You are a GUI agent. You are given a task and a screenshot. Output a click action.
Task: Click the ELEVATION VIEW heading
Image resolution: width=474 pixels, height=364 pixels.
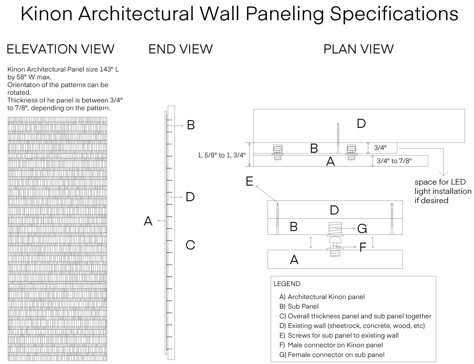click(60, 49)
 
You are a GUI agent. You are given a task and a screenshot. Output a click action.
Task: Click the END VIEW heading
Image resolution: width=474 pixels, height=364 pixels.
click(180, 49)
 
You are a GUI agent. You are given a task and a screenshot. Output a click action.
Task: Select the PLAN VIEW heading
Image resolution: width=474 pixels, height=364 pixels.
click(358, 49)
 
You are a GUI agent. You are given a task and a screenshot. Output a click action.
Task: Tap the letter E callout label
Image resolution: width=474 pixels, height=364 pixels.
click(249, 182)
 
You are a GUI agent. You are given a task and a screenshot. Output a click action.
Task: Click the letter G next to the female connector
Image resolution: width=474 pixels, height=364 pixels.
click(362, 229)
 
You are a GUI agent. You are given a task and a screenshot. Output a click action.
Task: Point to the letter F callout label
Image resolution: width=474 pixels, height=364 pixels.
click(363, 247)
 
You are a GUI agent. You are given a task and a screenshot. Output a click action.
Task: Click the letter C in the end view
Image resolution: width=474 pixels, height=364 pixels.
click(190, 245)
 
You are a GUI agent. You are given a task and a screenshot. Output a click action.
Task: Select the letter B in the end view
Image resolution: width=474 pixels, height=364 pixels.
click(191, 125)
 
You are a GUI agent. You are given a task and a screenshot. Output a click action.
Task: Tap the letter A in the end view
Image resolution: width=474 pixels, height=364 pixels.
click(148, 221)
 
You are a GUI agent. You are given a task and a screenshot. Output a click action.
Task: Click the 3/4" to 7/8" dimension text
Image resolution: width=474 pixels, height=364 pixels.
click(394, 161)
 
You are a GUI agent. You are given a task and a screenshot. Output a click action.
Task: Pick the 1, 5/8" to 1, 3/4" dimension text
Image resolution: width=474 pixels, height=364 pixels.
click(221, 155)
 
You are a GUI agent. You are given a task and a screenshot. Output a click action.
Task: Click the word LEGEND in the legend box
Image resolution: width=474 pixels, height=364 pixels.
click(287, 284)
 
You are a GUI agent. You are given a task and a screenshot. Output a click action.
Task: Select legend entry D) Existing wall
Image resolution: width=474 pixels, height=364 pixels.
click(352, 326)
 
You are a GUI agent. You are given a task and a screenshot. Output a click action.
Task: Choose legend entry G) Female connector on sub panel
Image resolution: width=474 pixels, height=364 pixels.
click(332, 355)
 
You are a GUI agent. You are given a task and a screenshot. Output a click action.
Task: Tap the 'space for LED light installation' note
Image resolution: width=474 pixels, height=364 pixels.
click(443, 191)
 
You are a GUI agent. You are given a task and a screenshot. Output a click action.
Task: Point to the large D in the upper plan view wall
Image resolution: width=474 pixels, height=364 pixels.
click(361, 124)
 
